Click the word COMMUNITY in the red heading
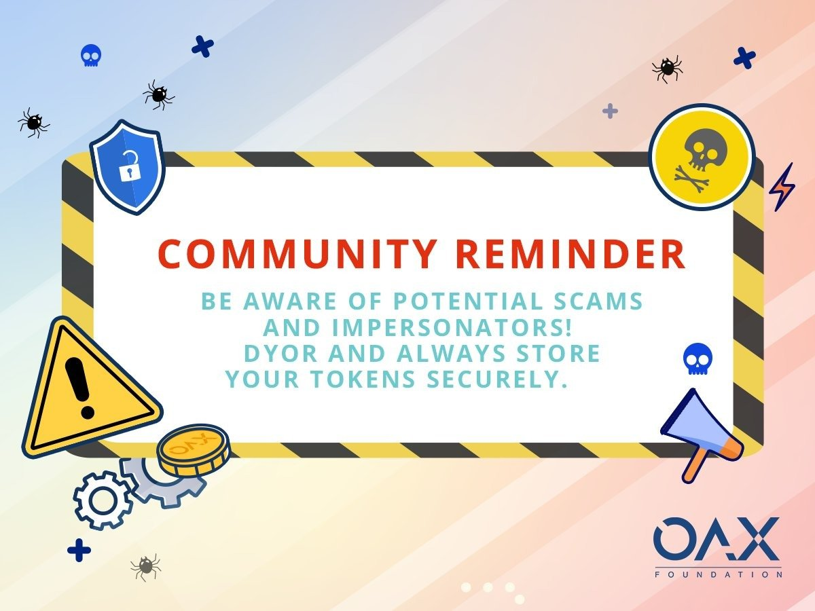[x=297, y=254]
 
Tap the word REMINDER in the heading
[x=570, y=254]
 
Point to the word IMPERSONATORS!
[x=452, y=327]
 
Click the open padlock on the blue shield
[x=129, y=166]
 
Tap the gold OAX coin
[x=194, y=450]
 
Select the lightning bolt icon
[x=782, y=187]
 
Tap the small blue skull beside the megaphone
[x=698, y=358]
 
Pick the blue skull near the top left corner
[x=91, y=56]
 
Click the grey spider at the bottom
[x=146, y=567]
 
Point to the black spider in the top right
[x=667, y=69]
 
